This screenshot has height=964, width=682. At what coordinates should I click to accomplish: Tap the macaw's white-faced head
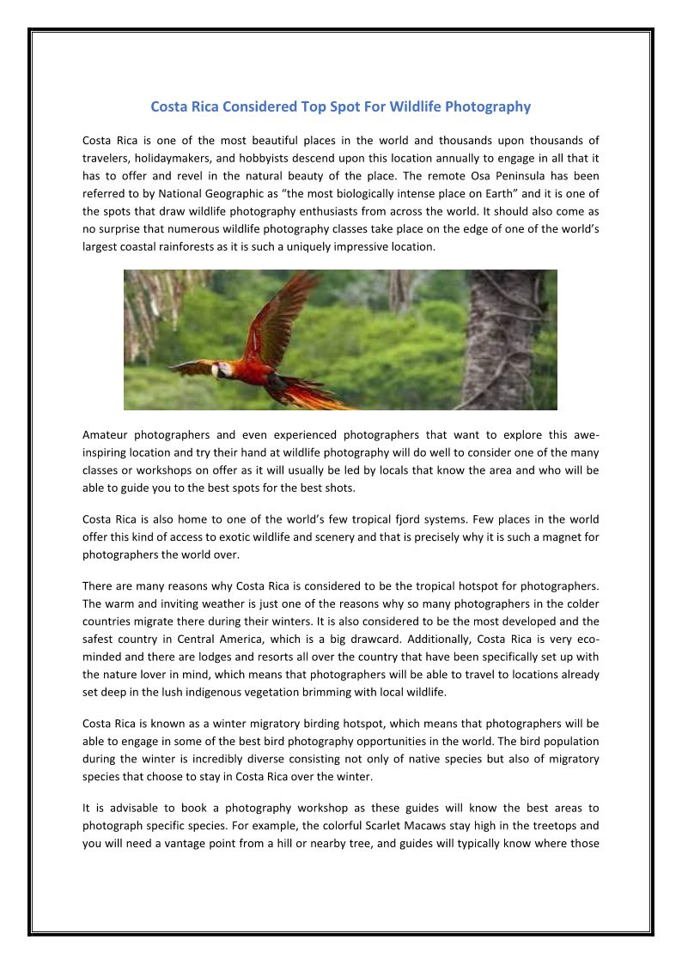221,370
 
